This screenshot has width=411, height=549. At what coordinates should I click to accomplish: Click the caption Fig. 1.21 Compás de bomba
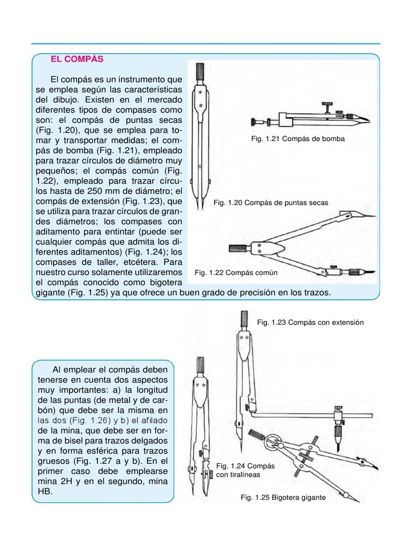click(x=298, y=139)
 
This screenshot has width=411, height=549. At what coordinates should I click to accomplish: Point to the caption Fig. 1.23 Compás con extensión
click(x=310, y=322)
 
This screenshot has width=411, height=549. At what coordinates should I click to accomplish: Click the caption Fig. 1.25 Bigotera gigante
click(x=283, y=498)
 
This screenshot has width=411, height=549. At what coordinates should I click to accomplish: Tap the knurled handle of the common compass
click(x=237, y=248)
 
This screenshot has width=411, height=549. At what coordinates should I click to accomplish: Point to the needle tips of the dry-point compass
click(x=198, y=206)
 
